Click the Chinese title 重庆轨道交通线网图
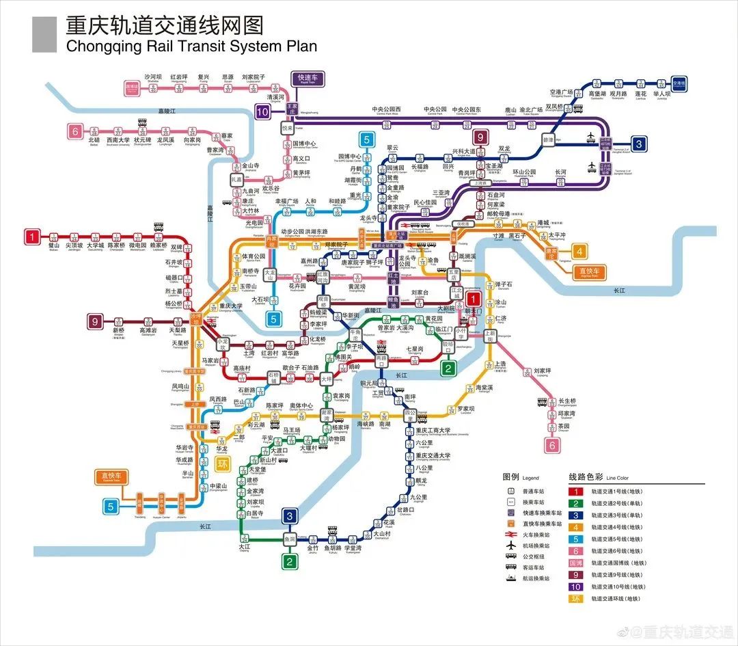(164, 25)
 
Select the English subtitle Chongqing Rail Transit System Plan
(191, 46)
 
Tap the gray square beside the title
(44, 34)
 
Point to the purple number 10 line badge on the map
(263, 112)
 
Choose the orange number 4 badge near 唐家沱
(579, 251)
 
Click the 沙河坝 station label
(153, 77)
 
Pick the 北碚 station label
(94, 140)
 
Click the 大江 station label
(245, 547)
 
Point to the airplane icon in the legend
(510, 545)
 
